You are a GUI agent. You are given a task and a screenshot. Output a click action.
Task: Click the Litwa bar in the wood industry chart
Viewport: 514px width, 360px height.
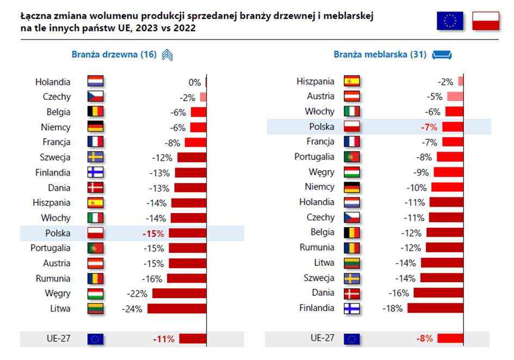click(x=176, y=309)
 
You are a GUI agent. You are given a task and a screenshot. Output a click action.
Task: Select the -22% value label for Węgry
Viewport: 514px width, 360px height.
click(x=138, y=294)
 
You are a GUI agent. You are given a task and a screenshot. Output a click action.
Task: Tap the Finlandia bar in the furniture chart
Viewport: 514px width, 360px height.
click(x=435, y=308)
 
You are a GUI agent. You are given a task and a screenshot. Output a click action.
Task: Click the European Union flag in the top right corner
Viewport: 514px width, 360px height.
click(x=450, y=21)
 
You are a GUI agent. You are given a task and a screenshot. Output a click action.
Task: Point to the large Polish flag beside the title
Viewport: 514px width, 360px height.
click(x=486, y=21)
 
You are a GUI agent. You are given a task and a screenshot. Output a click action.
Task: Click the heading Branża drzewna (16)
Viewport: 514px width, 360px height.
click(x=114, y=54)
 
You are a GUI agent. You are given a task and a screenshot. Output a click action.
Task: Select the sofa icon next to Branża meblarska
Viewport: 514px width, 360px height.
click(x=442, y=55)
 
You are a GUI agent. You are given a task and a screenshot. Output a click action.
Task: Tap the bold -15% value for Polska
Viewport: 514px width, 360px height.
click(x=153, y=233)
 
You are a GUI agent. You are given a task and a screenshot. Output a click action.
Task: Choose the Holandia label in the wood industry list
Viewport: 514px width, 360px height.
click(x=53, y=82)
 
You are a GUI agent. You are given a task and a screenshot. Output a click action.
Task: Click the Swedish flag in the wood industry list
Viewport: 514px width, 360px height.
click(x=95, y=158)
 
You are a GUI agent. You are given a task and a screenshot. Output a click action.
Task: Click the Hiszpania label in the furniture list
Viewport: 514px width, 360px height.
click(x=315, y=82)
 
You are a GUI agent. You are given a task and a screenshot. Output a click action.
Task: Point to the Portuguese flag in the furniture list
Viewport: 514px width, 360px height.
click(x=352, y=157)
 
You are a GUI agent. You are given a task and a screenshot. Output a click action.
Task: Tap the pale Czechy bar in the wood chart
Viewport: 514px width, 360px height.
click(x=203, y=97)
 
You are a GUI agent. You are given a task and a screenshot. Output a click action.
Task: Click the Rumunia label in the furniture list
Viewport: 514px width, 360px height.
click(x=317, y=247)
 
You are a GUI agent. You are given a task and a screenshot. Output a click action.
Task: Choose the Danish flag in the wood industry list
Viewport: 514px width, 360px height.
click(x=95, y=188)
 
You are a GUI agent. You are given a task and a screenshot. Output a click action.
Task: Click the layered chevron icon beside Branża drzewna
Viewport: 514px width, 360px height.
click(x=168, y=55)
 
